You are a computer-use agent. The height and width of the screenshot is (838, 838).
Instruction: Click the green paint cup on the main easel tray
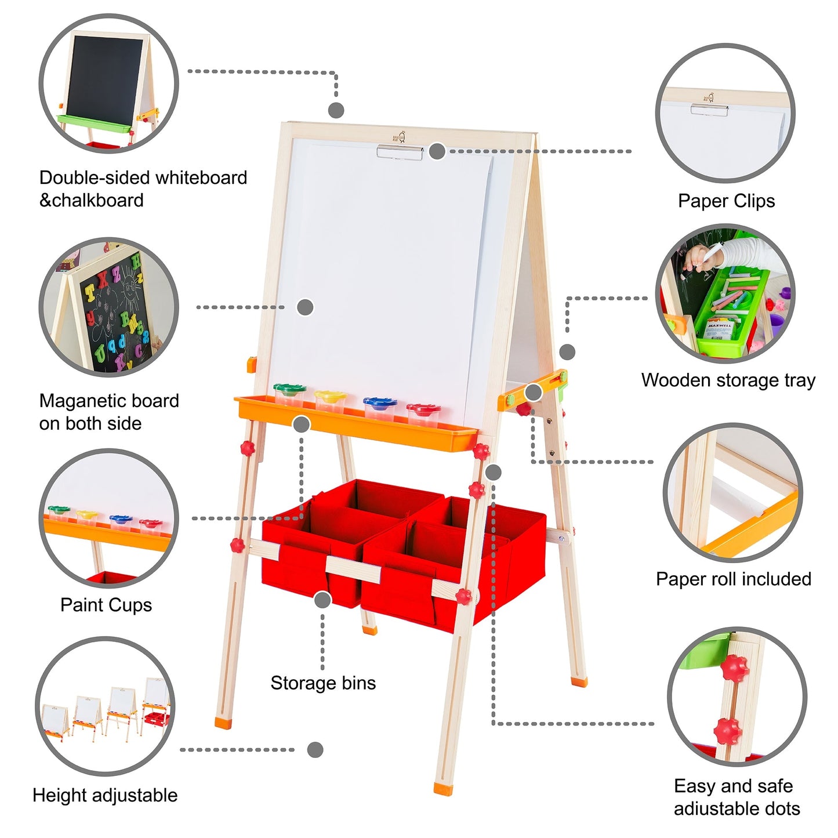tap(289, 394)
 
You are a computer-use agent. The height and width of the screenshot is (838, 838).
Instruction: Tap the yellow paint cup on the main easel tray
tap(330, 400)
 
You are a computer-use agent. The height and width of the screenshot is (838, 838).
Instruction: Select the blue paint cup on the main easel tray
tap(379, 406)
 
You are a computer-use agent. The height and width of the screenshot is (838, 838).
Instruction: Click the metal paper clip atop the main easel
tap(400, 152)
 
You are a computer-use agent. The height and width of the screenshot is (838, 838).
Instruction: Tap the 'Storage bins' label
tap(323, 683)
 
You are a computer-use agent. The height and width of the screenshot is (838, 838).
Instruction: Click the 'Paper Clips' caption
tap(726, 201)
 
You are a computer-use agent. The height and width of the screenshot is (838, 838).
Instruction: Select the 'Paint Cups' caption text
tap(106, 605)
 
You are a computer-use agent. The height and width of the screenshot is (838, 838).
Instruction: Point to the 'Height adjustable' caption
tap(105, 795)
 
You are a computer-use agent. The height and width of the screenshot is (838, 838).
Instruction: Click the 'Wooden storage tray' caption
tap(728, 380)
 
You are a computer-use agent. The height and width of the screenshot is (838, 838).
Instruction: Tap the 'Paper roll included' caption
tap(733, 579)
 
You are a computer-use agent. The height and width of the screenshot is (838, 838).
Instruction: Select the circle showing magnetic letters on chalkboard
tap(108, 307)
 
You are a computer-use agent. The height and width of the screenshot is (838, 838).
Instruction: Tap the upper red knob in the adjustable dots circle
tap(735, 668)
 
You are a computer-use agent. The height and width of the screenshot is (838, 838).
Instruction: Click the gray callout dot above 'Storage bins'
tap(322, 600)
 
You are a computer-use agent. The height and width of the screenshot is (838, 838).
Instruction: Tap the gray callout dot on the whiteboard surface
tap(305, 307)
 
